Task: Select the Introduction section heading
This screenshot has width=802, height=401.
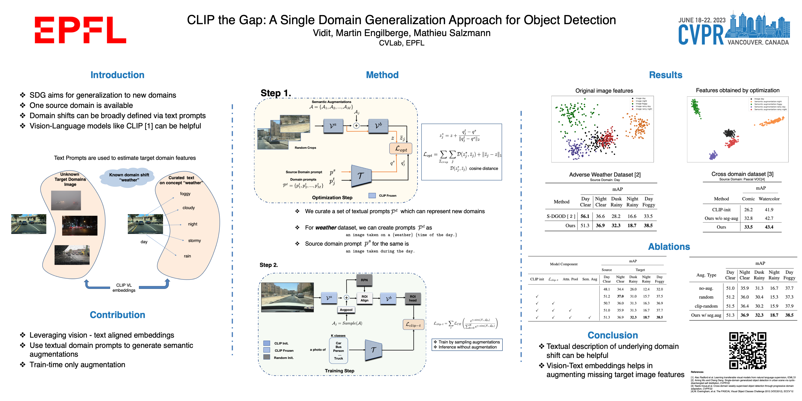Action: pos(117,75)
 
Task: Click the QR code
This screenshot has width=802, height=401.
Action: pos(747,350)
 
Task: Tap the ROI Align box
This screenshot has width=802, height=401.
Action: pos(364,299)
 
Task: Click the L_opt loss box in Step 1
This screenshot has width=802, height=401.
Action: pos(401,149)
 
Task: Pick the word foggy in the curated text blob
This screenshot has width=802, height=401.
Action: pos(185,194)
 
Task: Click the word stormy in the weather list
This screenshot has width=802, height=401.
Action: pos(194,241)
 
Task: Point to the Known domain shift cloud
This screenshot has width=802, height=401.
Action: pos(129,177)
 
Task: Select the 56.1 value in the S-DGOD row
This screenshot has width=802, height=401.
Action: pos(585,216)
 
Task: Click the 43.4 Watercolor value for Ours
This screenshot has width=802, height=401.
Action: pos(769,227)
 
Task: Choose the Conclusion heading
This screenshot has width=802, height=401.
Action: pos(612,335)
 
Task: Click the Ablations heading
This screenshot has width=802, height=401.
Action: pos(669,247)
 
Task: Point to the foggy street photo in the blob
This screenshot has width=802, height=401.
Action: pos(66,200)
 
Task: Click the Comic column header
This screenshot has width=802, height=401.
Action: pos(748,199)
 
